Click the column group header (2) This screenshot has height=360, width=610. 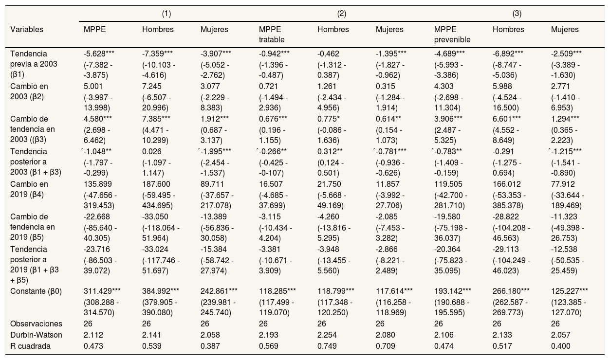coord(341,14)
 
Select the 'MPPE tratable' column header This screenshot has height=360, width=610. coord(272,35)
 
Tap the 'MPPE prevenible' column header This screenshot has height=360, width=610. coord(452,35)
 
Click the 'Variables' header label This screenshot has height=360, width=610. coord(27,29)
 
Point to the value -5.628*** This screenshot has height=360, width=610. coord(99,54)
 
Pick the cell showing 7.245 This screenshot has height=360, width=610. coord(152,87)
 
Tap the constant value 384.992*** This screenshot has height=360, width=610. coord(160,291)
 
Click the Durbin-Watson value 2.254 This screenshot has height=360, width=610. coord(327,335)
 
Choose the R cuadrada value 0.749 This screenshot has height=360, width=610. coord(327,346)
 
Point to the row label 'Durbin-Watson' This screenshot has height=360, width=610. coord(36,335)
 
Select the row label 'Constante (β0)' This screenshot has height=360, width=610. coord(36,291)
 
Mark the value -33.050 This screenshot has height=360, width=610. coord(155,217)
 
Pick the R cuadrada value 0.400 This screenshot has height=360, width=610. coord(560,346)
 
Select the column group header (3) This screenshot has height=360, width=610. coord(517,14)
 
